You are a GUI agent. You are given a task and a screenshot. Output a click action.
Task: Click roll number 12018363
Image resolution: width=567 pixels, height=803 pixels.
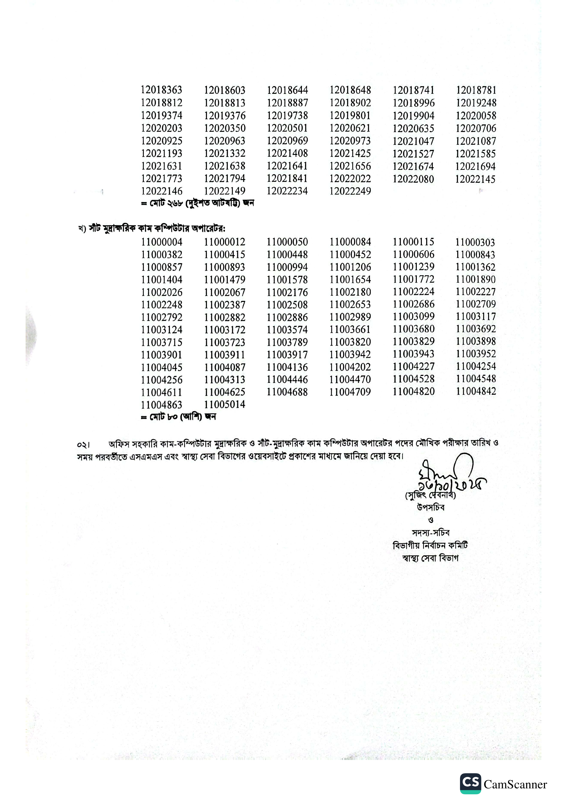point(161,90)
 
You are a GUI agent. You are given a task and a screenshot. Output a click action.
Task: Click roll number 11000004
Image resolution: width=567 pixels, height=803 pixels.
point(161,242)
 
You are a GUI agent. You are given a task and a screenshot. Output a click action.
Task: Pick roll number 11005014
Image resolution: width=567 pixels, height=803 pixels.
point(225,405)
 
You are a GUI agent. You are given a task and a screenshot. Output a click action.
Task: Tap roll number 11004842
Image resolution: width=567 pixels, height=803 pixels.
point(476,391)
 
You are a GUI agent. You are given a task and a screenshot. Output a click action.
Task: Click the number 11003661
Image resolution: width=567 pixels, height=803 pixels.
point(350,330)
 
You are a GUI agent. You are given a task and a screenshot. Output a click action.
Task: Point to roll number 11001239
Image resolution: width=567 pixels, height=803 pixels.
point(413,267)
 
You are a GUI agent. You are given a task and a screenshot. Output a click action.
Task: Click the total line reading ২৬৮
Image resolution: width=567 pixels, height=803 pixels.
point(197,203)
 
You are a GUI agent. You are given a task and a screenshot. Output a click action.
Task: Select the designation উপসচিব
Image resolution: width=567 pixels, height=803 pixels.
point(431,507)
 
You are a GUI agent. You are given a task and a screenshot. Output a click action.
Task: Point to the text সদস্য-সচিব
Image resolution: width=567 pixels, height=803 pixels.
point(431,533)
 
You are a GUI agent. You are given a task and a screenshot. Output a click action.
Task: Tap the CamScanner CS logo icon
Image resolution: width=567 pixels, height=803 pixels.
point(470,783)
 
